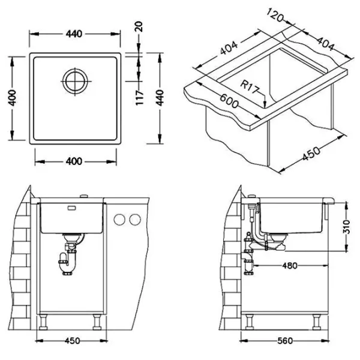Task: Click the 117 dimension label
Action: (139, 98)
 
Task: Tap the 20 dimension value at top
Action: (139, 26)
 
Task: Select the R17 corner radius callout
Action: (250, 86)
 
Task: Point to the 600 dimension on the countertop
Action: (229, 101)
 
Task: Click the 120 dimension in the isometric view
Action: (275, 15)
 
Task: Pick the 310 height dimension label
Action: (347, 227)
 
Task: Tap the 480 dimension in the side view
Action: (290, 266)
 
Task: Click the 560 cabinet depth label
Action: (285, 341)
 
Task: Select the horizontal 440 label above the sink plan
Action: (74, 34)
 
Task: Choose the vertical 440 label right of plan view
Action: (160, 98)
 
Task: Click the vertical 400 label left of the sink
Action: (13, 98)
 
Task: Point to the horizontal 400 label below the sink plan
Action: (74, 161)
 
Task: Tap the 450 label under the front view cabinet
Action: (73, 341)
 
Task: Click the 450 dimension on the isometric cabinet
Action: (311, 154)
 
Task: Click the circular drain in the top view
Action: (76, 81)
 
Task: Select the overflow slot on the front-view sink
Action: (73, 208)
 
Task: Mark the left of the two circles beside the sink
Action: (119, 220)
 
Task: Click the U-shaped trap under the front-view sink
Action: (68, 264)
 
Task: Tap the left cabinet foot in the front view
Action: (43, 322)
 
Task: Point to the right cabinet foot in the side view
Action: (317, 322)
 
